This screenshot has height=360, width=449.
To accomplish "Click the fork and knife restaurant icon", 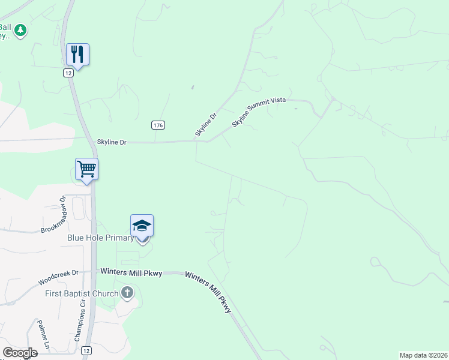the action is point(77,54).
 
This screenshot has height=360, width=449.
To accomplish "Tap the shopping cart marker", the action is point(86,169).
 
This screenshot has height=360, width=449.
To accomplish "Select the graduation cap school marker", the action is point(142,226).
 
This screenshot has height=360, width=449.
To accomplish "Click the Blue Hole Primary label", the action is point(100,238).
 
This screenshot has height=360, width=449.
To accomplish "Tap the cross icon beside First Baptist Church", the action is point(127,293).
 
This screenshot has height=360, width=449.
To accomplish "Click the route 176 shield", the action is point(158,125).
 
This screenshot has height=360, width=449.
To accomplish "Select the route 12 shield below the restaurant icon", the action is point(69,73).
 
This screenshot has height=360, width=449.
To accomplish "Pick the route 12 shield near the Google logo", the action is point(87,350).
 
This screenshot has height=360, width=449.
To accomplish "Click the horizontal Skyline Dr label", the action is point(112,142).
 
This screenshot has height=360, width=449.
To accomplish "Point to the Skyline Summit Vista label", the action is point(259,112).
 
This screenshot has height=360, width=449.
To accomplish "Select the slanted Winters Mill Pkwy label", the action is point(208,292).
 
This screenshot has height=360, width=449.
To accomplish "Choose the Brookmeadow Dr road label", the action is point(53,215).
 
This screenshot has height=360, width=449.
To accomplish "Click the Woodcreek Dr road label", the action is point(58,277).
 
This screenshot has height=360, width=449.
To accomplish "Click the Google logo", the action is point(20,353).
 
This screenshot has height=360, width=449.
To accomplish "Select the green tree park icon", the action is point(20,30).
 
